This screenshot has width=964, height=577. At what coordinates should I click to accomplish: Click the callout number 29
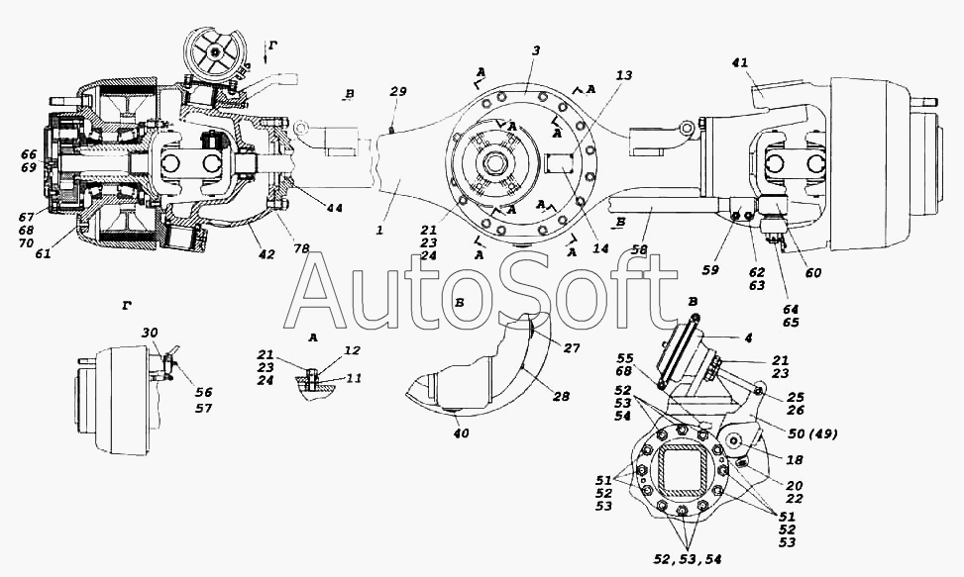(397, 91)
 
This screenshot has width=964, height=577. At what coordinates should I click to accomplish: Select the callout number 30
(149, 333)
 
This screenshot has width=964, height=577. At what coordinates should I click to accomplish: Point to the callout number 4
(748, 337)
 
